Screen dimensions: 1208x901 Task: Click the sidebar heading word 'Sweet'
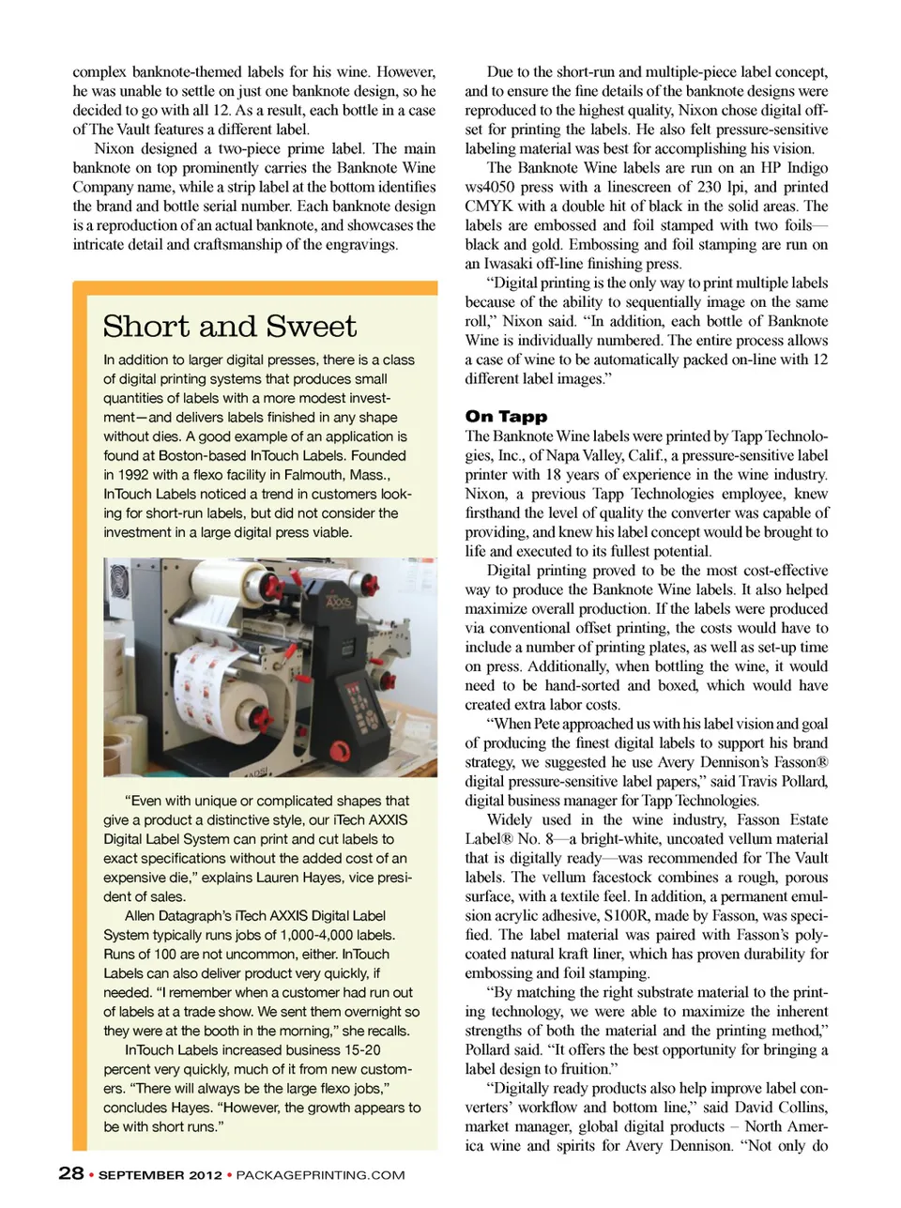[311, 327]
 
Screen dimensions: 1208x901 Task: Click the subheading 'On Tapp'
[506, 416]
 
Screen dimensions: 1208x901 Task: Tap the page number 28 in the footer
[70, 1173]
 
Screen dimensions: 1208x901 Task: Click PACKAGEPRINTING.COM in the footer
[320, 1174]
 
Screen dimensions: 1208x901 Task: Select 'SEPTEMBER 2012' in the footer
[160, 1174]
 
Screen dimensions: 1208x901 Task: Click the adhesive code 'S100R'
[628, 915]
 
